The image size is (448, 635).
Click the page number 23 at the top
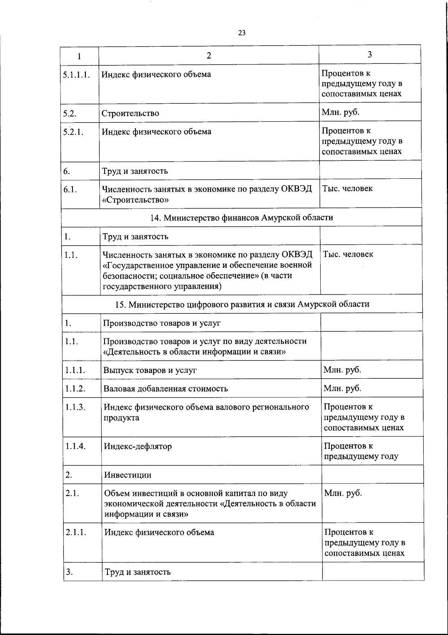tap(242, 33)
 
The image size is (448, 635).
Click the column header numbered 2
tap(209, 56)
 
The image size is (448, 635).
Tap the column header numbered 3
tap(370, 54)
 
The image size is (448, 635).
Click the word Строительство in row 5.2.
tap(130, 113)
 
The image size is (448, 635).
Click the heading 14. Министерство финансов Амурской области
tap(242, 218)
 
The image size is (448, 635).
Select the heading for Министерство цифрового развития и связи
tap(242, 304)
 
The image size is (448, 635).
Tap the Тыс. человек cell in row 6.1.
tap(347, 188)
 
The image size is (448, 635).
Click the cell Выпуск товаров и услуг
tap(150, 370)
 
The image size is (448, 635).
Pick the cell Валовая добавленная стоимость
tap(166, 389)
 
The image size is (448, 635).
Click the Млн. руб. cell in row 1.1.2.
tap(342, 388)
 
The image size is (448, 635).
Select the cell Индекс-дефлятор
tap(138, 446)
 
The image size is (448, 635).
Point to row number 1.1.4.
tap(76, 446)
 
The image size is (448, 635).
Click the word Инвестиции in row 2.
tap(128, 475)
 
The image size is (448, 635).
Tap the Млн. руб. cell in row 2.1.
tap(343, 493)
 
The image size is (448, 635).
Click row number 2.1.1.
tap(76, 532)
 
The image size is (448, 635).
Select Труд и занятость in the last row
tap(138, 572)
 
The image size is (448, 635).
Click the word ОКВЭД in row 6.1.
tap(297, 189)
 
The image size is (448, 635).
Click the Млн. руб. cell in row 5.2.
tap(340, 112)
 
